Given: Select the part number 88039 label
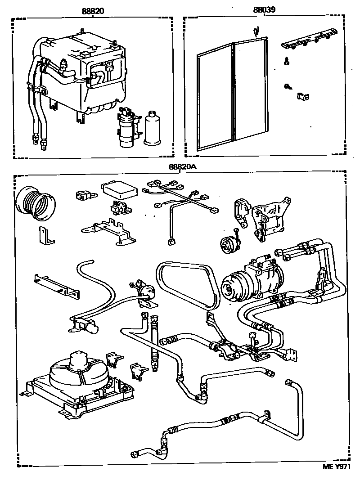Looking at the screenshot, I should click(264, 10).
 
